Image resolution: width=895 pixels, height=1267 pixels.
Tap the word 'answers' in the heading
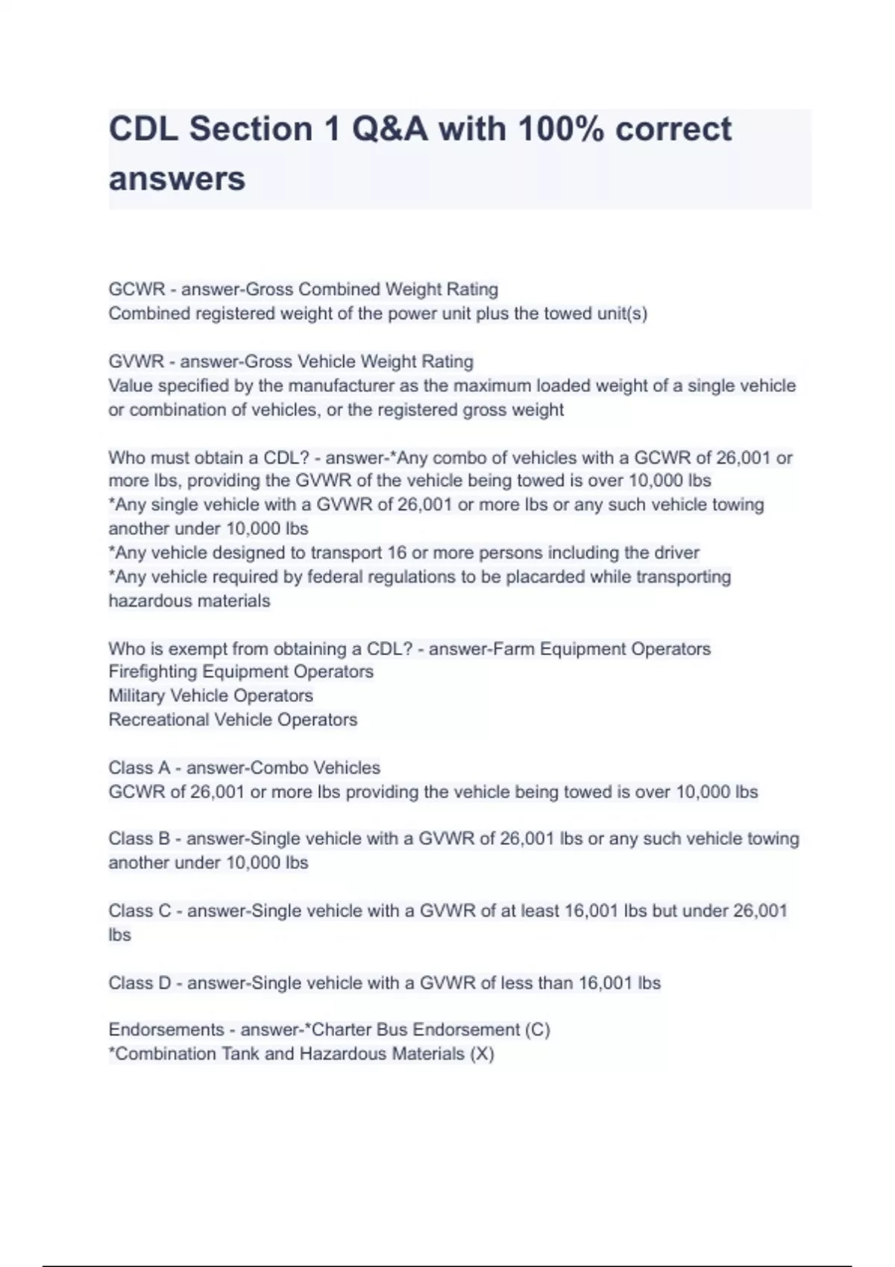pyautogui.click(x=177, y=179)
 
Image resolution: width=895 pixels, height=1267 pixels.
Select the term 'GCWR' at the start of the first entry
pyautogui.click(x=136, y=289)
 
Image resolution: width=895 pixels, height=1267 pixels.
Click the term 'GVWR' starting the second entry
pyautogui.click(x=136, y=361)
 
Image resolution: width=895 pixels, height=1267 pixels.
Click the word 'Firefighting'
pyautogui.click(x=153, y=672)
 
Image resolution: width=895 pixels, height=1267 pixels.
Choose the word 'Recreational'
pyautogui.click(x=158, y=720)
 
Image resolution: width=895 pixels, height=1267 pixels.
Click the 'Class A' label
pyautogui.click(x=139, y=768)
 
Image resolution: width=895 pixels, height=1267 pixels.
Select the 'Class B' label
pyautogui.click(x=139, y=839)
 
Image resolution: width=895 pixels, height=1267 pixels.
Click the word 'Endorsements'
pyautogui.click(x=166, y=1030)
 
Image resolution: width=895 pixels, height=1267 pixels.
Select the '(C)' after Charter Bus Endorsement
pyautogui.click(x=538, y=1030)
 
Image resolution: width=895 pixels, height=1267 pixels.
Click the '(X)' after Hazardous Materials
pyautogui.click(x=482, y=1054)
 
